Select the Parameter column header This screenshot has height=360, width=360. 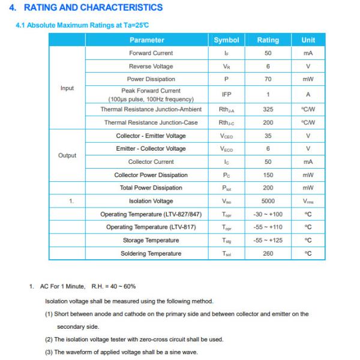146,40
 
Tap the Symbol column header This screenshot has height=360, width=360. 226,40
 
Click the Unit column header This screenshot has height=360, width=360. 308,40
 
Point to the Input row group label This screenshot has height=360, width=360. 67,88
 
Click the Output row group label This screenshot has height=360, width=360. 67,155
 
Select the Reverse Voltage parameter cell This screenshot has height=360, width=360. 151,67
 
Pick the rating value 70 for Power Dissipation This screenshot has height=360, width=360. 268,79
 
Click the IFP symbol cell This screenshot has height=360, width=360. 226,95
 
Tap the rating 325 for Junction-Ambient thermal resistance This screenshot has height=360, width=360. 268,110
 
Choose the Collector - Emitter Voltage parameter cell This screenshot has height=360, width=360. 151,136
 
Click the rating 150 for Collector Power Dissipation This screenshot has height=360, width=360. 268,175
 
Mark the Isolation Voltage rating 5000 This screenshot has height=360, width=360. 268,201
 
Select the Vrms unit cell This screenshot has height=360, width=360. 308,202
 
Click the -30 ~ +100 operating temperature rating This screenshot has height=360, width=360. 268,214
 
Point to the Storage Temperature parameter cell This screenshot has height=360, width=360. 151,241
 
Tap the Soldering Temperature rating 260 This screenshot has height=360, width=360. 268,254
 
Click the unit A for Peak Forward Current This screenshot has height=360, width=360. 308,95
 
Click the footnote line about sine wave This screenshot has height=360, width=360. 121,352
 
